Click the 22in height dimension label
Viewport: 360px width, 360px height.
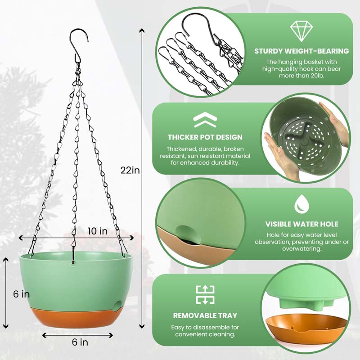(x=130, y=170)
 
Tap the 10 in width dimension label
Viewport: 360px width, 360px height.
(x=98, y=231)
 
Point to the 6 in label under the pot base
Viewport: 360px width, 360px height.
(x=80, y=342)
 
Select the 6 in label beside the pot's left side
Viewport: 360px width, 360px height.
(x=21, y=294)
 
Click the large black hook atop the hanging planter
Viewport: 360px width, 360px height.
(x=79, y=44)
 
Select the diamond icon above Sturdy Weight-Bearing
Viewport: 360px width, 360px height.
(x=301, y=31)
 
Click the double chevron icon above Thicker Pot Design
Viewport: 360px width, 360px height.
(x=205, y=120)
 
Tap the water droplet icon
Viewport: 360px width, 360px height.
(x=301, y=204)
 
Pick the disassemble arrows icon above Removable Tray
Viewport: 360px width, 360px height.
(x=205, y=295)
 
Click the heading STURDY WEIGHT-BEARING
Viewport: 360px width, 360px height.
(x=301, y=51)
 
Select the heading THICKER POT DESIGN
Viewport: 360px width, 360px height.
(x=205, y=137)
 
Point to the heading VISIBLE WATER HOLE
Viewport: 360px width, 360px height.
(x=301, y=224)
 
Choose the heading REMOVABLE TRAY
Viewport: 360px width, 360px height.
(x=205, y=315)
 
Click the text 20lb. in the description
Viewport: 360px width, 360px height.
(x=317, y=76)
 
